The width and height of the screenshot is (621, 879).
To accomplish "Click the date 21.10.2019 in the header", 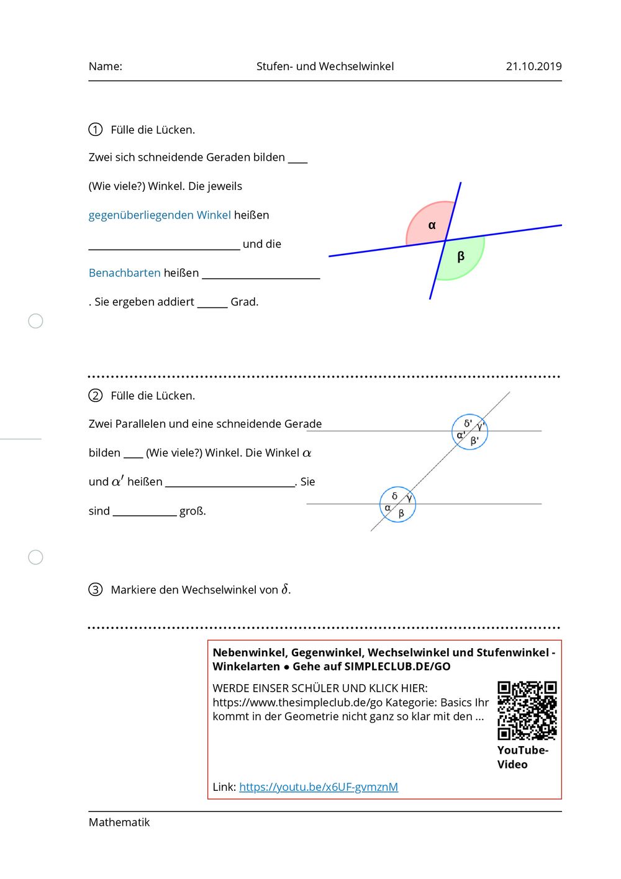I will point(533,66).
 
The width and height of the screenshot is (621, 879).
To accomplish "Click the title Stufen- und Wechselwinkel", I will point(325,66).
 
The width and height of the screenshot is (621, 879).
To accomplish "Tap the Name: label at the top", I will point(106,66).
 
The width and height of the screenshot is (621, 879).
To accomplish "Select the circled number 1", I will point(95,130).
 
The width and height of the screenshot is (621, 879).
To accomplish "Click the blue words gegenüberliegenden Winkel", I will point(160,215).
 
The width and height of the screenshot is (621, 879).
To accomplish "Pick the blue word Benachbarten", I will point(124,273).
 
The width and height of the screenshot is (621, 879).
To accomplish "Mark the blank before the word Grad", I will point(212,303).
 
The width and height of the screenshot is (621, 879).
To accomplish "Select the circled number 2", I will point(95,395).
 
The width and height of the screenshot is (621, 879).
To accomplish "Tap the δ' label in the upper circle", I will point(468,423).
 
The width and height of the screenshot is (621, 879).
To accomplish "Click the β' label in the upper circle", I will point(474,441).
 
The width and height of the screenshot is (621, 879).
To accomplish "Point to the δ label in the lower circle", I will point(394,496).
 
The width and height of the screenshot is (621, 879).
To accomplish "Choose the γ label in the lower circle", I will point(409,498).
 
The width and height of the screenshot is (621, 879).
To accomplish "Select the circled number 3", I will point(95,589).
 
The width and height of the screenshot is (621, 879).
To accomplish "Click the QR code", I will point(527,710).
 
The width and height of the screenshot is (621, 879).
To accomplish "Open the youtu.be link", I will point(319,787).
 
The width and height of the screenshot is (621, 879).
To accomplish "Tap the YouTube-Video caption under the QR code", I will point(522,757).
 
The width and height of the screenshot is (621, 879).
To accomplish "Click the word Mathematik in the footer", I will point(119,823).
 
